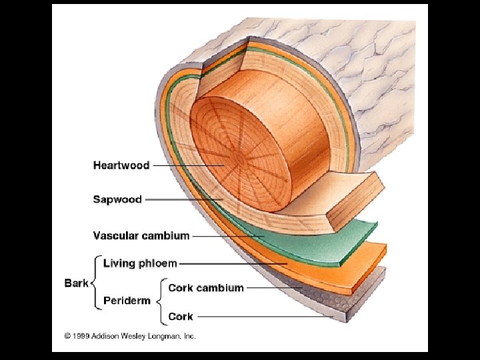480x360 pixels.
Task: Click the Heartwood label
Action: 121,165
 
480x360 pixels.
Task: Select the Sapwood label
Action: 117,199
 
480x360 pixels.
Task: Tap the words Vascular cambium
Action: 141,235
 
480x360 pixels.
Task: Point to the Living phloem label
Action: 140,264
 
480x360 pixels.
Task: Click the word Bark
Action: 76,283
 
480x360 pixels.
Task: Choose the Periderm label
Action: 127,301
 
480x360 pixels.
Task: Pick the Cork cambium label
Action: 205,288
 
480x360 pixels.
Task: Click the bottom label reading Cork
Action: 181,317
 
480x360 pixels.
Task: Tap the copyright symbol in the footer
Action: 67,337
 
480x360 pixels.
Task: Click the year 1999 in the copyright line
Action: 80,337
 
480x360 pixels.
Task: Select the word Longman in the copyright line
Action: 164,337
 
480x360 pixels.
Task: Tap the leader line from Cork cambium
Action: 273,288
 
